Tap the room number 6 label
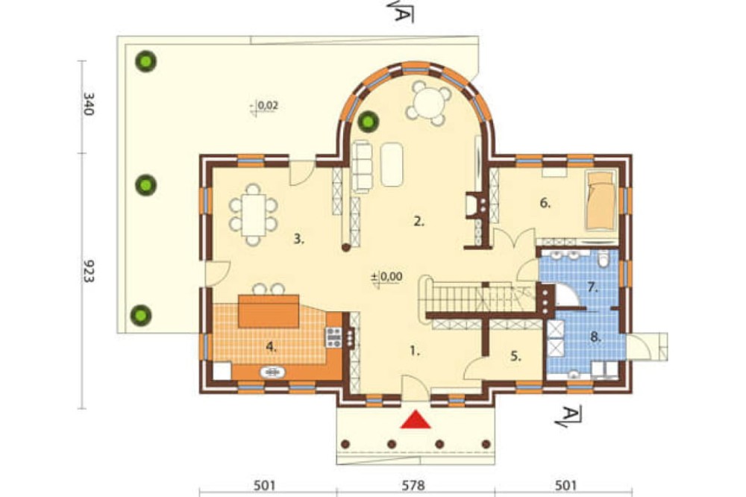coord(545,203)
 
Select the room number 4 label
coord(271,347)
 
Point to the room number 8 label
coord(595,337)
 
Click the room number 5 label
coord(516,356)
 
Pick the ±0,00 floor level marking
coord(386,277)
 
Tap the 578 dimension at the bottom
coord(413,486)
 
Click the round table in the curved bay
coord(428,103)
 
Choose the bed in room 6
coord(601,201)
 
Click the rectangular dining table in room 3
coord(253,215)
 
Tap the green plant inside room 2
coord(369,122)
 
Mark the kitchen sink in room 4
coord(272,372)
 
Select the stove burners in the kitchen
coord(333,337)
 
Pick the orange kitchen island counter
coord(269,311)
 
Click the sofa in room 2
coord(362,166)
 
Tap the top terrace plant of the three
coord(145,61)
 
